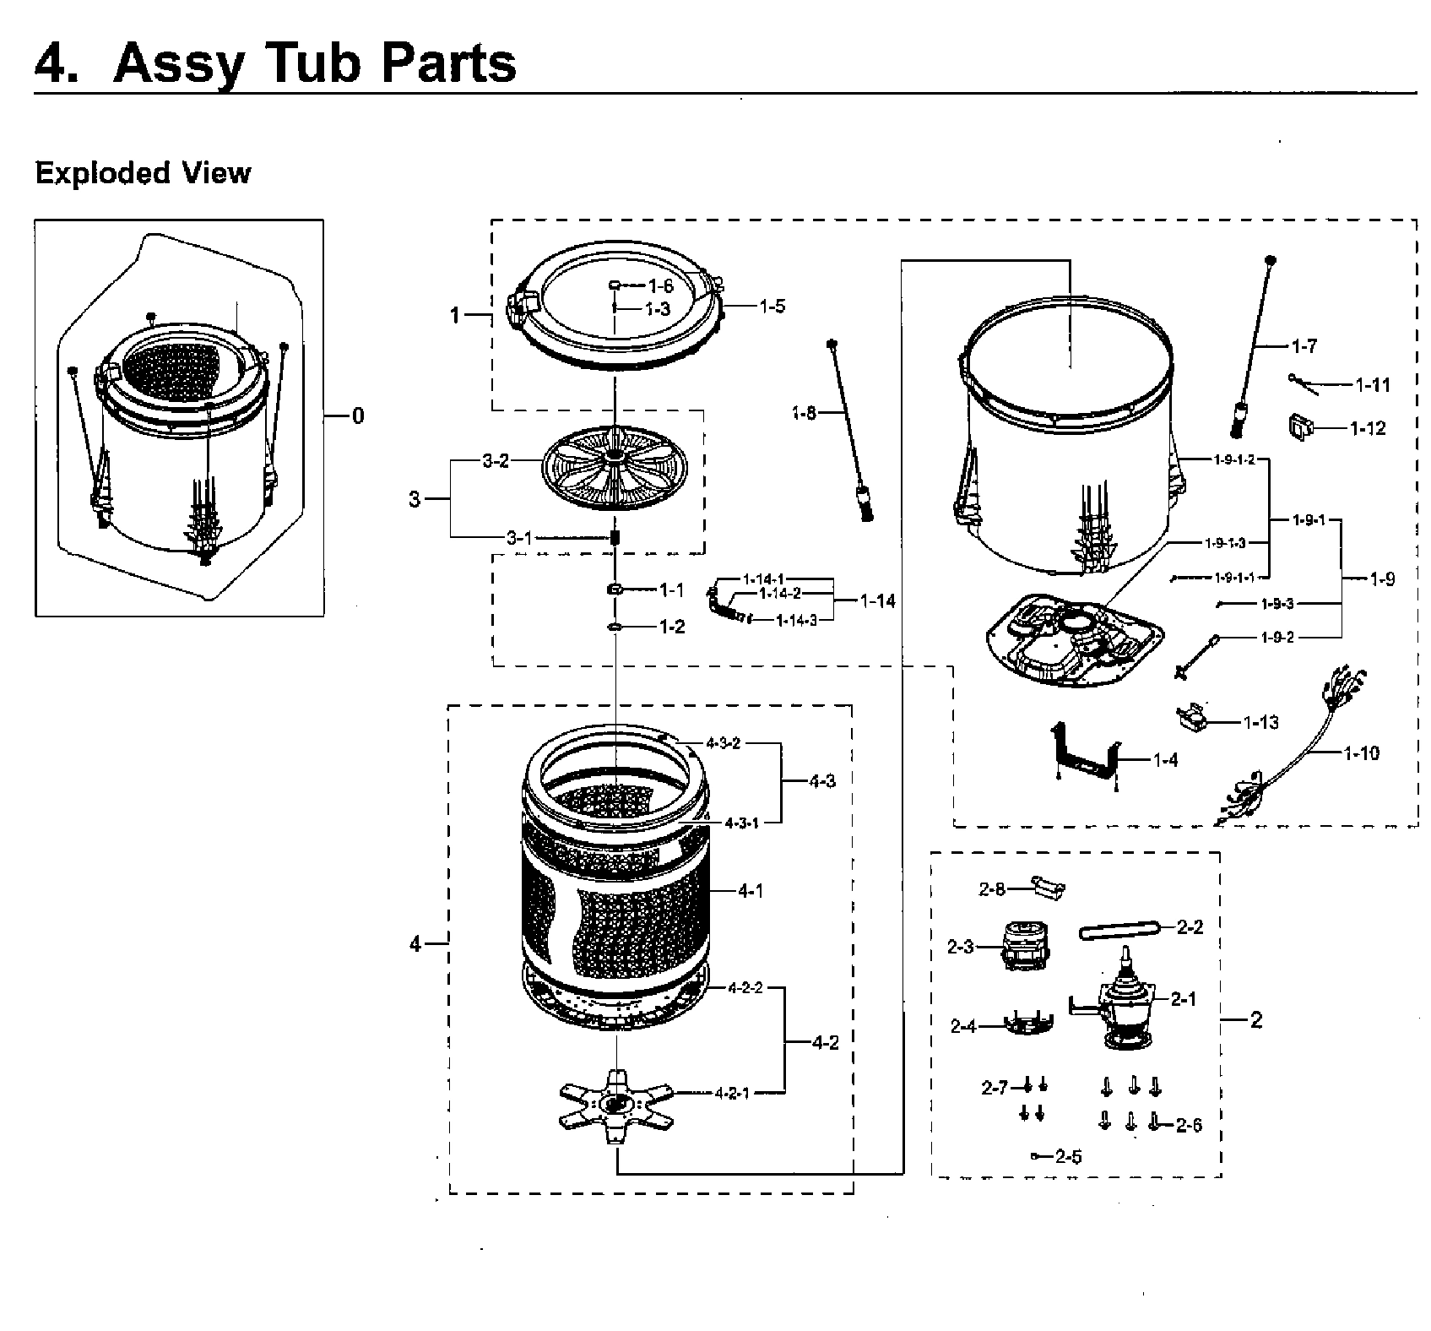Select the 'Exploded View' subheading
pos(143,173)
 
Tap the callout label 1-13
pos(1260,723)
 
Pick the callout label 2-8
pos(992,888)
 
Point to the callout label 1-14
pos(877,601)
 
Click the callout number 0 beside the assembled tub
pos(358,416)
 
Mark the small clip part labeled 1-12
pos(1298,426)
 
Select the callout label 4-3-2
pos(723,743)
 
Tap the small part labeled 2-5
pos(1035,1156)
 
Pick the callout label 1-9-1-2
pos(1233,459)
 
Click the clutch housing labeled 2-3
pos(1022,947)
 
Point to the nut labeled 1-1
pos(615,589)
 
